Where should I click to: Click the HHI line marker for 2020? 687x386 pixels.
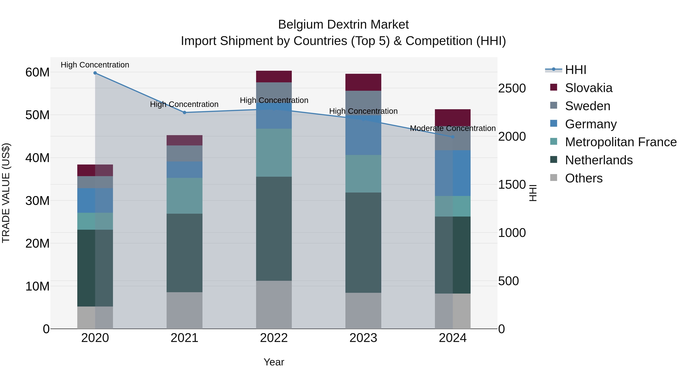[95, 73]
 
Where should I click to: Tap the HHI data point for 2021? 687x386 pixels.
[184, 112]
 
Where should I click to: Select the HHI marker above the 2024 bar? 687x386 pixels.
[453, 137]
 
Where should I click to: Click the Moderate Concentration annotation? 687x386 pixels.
[453, 128]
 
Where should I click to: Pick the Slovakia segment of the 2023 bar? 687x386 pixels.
[363, 82]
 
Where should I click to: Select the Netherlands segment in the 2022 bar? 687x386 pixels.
[274, 229]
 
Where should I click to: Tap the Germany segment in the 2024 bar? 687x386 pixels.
[453, 173]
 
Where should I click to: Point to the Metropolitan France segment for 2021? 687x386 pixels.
[184, 196]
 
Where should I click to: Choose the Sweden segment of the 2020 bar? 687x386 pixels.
[95, 182]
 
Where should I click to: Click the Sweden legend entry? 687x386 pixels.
[588, 106]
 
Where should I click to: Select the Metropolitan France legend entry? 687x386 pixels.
[621, 142]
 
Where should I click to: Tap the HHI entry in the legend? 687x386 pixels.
[576, 70]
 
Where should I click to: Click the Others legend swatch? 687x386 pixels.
[554, 178]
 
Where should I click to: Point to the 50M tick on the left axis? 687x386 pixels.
[37, 115]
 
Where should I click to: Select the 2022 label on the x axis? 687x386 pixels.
[274, 338]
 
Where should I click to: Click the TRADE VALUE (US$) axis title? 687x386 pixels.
[6, 193]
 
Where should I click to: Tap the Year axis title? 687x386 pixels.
[274, 362]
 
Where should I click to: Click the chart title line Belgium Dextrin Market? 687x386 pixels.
[343, 25]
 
